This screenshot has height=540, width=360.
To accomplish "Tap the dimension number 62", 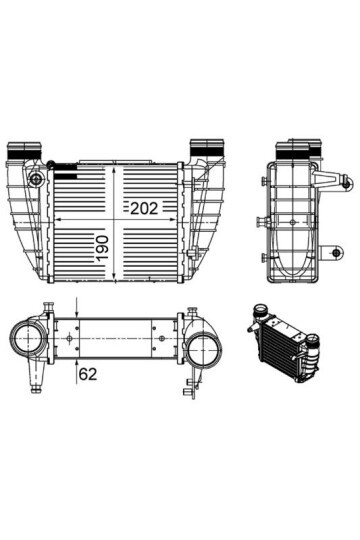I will tap(86, 375).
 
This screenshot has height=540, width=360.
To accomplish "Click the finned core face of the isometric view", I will tap(285, 350).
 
